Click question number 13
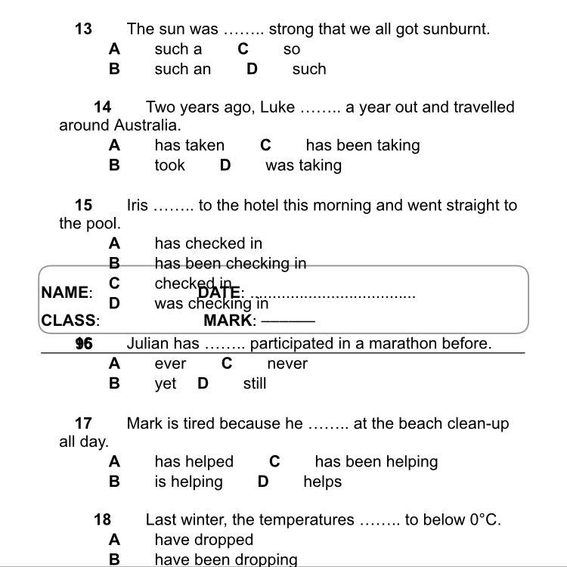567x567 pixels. point(83,29)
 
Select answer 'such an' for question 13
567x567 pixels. point(182,70)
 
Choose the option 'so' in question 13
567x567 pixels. point(292,50)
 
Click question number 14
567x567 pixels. point(103,107)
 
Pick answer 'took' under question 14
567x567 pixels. point(169,166)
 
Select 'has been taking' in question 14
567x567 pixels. point(362,145)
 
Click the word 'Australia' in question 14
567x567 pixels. point(147,125)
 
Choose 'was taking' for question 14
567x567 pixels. point(303,166)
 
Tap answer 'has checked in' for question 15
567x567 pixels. point(208,243)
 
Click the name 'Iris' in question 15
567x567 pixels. point(138,206)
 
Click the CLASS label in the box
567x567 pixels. point(69,321)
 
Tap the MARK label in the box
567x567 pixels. point(228,321)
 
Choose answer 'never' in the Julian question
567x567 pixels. point(287,364)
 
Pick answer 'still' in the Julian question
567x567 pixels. point(255,384)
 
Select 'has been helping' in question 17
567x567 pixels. point(376,462)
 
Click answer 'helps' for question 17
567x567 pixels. point(323,482)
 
